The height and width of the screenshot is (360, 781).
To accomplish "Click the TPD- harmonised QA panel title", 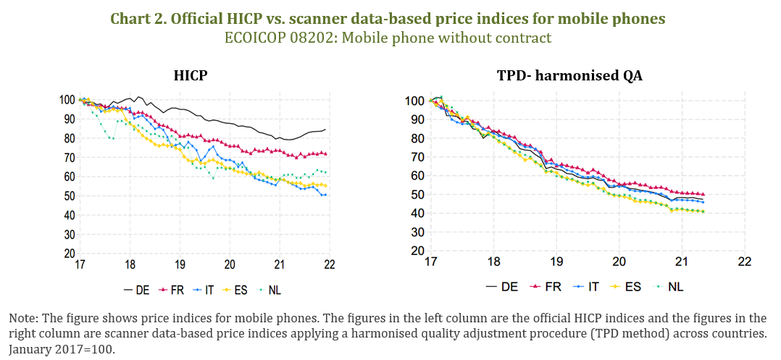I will point(570,75).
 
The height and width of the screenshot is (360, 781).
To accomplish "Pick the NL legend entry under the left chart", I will point(273,290).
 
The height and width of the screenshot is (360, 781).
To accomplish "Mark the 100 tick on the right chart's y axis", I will point(415,100).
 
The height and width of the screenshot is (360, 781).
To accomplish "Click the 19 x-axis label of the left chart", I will point(180,265).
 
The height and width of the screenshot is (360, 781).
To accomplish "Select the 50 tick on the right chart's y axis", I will point(418,194).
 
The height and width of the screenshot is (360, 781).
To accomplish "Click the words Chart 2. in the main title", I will point(138,20).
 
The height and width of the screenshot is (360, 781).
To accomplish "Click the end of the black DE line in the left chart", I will point(325,130).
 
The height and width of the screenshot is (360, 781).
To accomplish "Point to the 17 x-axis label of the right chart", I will point(431,261).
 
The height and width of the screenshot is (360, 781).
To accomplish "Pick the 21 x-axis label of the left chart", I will point(280,265).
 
